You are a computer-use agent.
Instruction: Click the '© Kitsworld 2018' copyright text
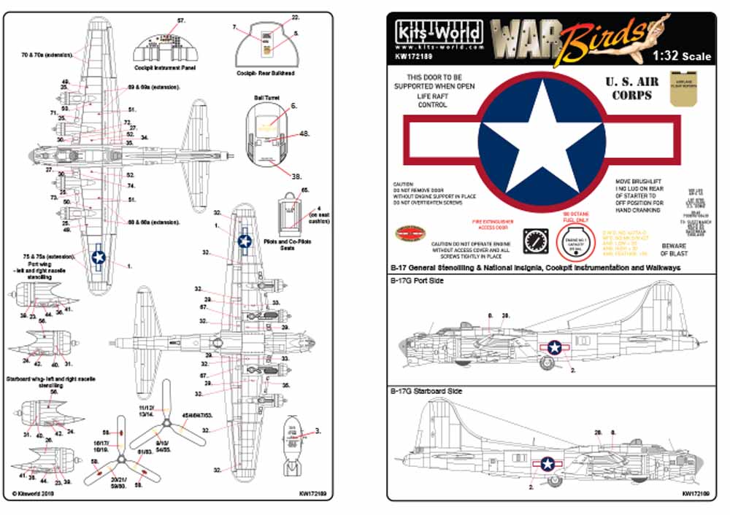[34, 493]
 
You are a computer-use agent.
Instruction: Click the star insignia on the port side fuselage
[555, 347]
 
